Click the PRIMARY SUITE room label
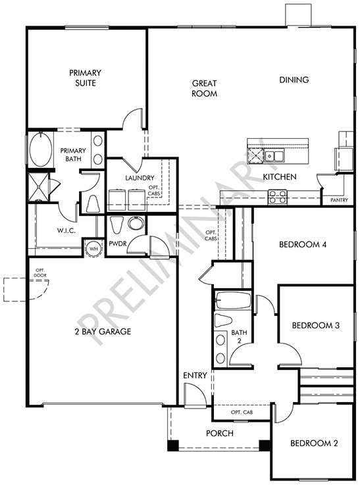click(85, 78)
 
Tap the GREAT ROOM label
click(205, 88)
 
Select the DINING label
click(294, 80)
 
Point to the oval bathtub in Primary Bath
click(40, 149)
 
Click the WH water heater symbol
click(93, 248)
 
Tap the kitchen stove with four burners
click(278, 196)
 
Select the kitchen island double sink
click(274, 155)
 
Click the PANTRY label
click(339, 200)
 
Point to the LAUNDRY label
click(140, 178)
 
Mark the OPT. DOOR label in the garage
click(41, 273)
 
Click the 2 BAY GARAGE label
click(103, 331)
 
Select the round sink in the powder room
click(136, 222)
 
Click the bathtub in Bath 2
click(233, 300)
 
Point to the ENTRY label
click(195, 376)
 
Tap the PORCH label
click(220, 434)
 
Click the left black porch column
click(173, 445)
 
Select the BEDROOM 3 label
click(316, 325)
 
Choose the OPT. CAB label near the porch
click(242, 412)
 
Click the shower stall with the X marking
click(38, 187)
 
